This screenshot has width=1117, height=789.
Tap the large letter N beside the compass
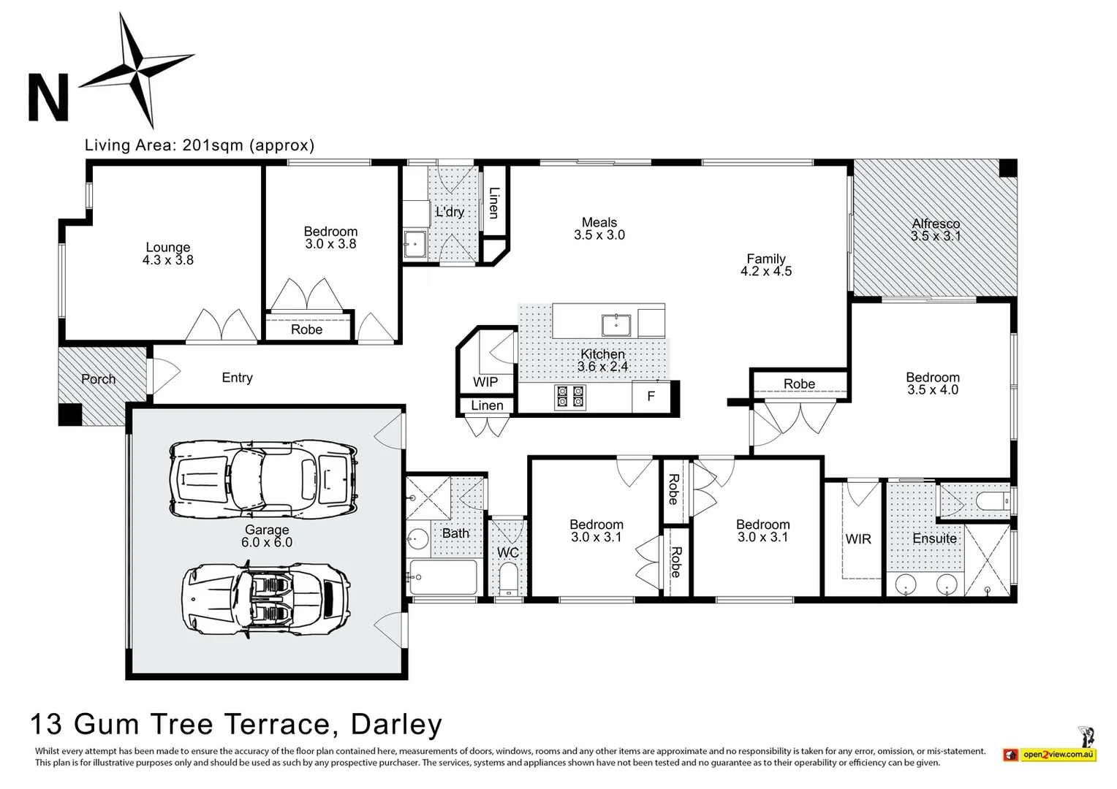(48, 97)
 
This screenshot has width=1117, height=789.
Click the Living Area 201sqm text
(199, 145)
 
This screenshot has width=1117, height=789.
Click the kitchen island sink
(616, 323)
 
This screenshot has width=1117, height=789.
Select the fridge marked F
(651, 397)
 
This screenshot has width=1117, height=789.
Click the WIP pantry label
(485, 382)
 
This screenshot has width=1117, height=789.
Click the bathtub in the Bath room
(444, 578)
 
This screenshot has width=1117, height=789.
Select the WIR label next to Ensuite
(858, 539)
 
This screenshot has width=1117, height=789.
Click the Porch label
(98, 379)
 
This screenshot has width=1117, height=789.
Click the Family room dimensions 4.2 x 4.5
(766, 271)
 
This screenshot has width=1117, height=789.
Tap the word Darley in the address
(396, 724)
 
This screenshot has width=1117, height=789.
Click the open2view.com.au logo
(1058, 754)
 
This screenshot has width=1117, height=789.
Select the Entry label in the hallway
(237, 378)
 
